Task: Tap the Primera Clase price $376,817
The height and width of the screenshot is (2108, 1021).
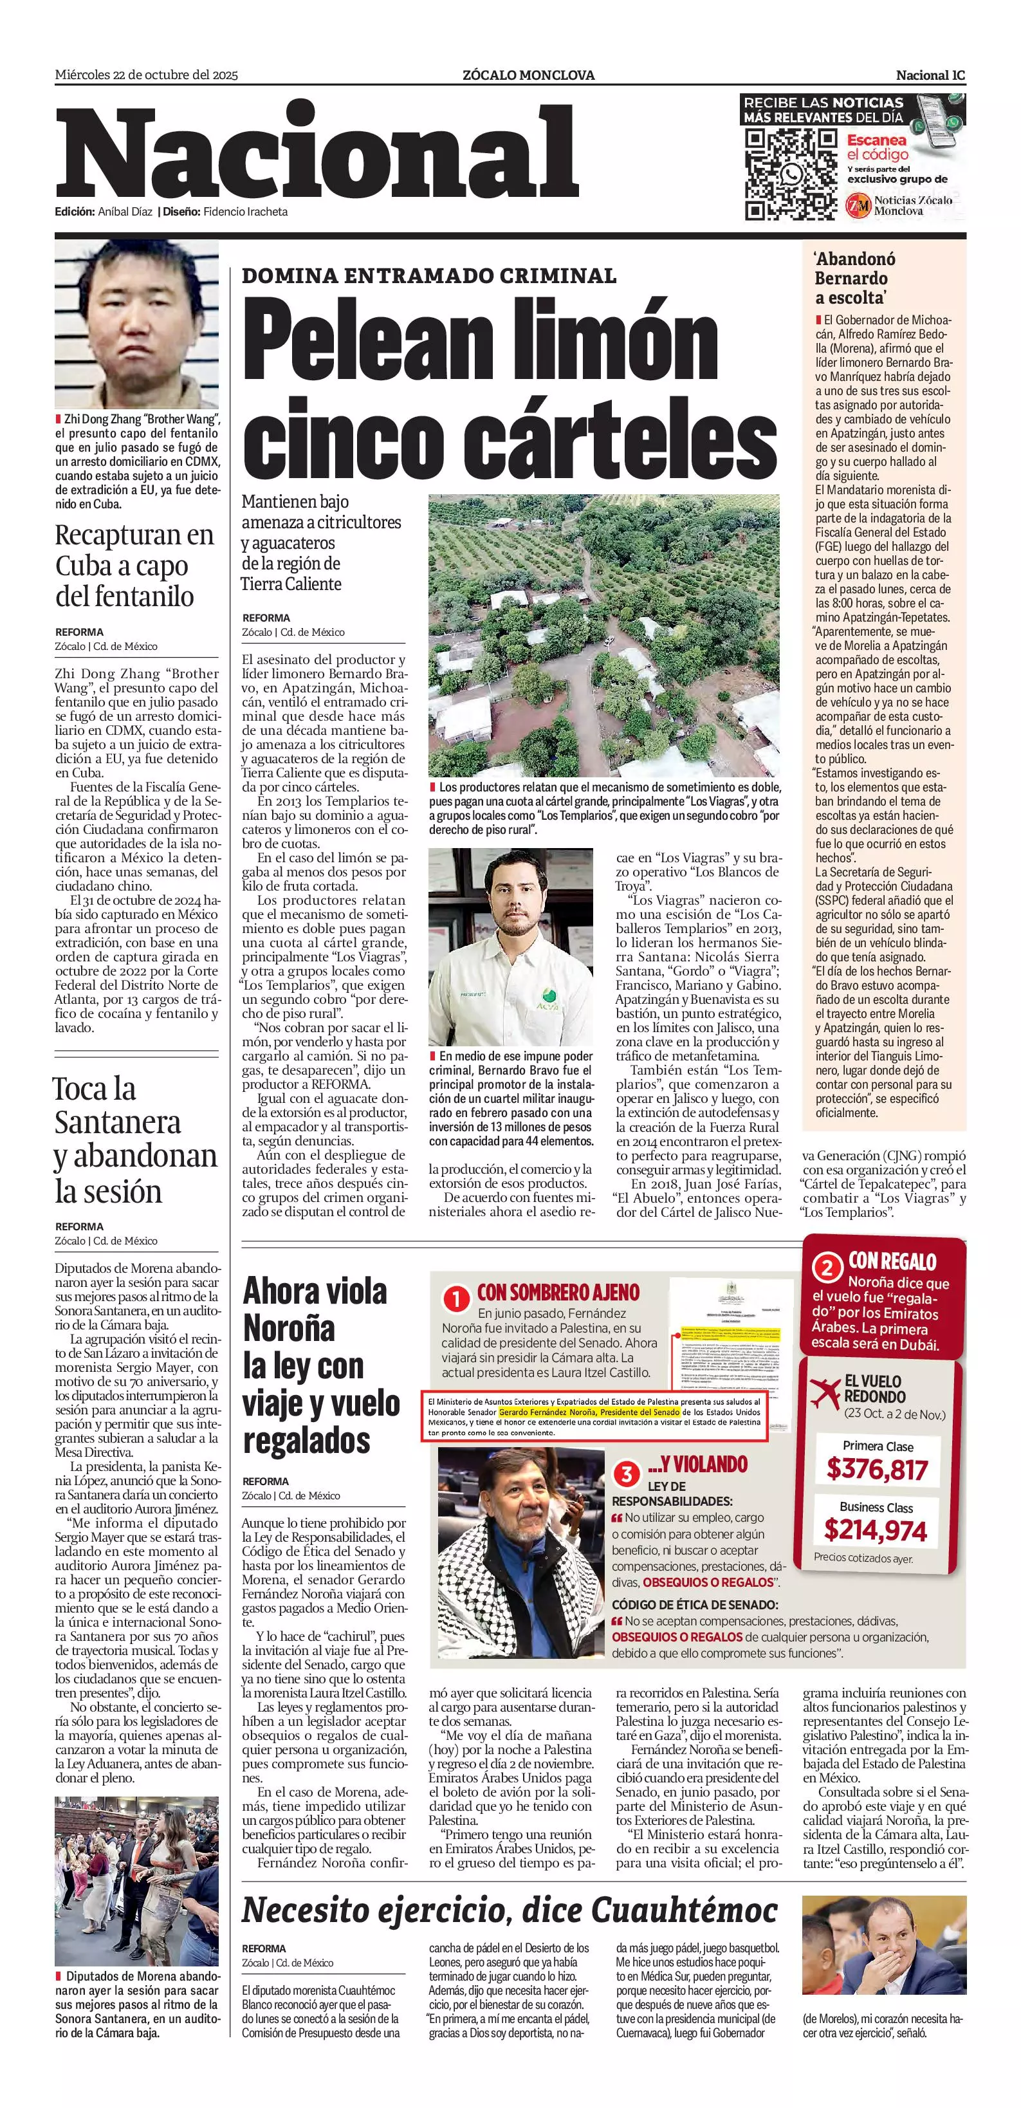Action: [x=876, y=1469]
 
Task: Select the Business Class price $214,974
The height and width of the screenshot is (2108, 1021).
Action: [x=876, y=1530]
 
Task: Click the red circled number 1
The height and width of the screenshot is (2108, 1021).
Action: [x=455, y=1299]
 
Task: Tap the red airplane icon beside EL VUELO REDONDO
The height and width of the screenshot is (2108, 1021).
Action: [x=825, y=1392]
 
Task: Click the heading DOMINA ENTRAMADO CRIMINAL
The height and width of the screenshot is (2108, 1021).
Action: [x=428, y=276]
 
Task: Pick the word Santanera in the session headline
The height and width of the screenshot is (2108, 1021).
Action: [x=118, y=1122]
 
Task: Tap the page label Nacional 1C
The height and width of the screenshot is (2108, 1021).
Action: [x=930, y=75]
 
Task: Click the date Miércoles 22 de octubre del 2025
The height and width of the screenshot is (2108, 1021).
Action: [x=147, y=75]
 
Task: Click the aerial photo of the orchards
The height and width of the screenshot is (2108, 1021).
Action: [x=603, y=634]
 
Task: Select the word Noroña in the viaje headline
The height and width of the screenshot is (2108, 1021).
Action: [x=289, y=1327]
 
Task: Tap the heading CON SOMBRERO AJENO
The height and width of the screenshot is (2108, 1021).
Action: [x=558, y=1292]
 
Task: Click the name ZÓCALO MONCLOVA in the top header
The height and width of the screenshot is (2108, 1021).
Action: [x=528, y=75]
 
